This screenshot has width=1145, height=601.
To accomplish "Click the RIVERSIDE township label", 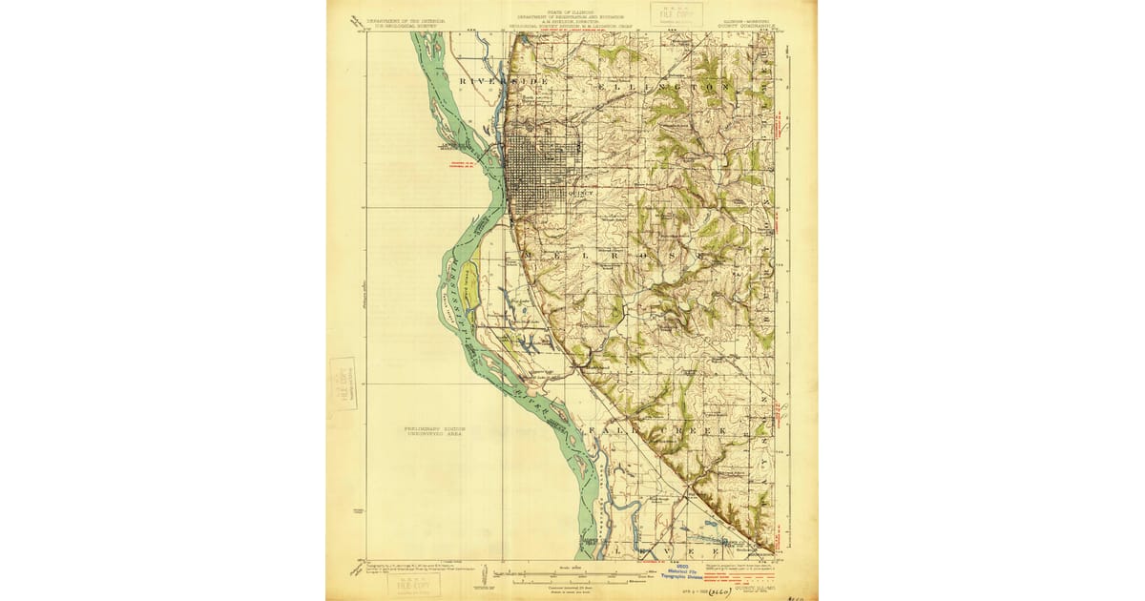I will (504, 83).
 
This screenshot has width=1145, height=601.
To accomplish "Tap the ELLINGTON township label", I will (667, 86).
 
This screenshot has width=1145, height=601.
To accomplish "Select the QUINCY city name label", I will (579, 192).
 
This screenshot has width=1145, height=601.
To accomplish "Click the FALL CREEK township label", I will (658, 431).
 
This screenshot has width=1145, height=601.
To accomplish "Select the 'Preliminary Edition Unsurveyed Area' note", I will (440, 431).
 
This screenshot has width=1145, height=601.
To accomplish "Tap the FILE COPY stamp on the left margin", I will (343, 383).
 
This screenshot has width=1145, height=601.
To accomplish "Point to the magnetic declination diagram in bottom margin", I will (483, 577).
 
